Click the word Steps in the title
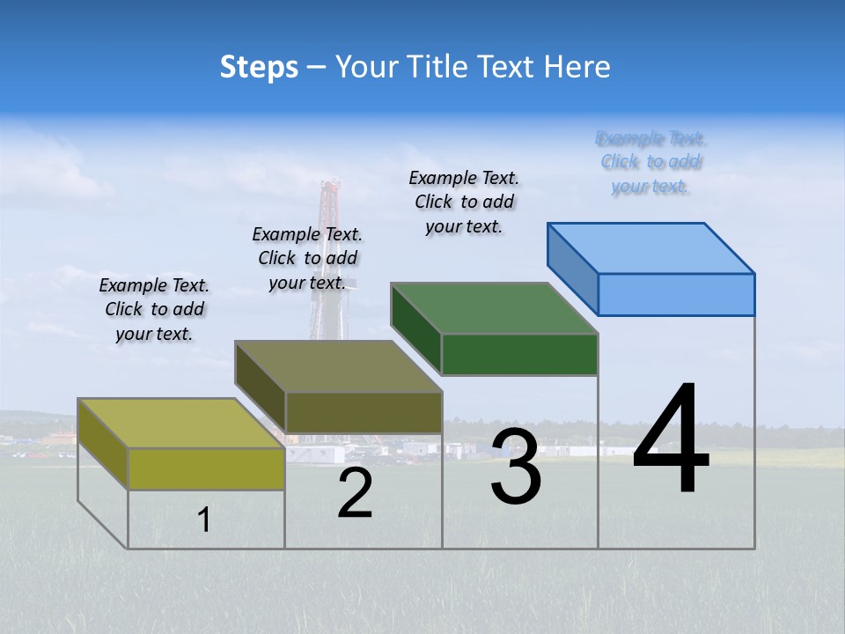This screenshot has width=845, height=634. click(259, 67)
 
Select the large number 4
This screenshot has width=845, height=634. click(671, 440)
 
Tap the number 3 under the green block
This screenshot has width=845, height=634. click(516, 467)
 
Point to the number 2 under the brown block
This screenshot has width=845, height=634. click(356, 494)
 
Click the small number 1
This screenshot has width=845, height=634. click(204, 520)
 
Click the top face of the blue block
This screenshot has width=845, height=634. click(651, 247)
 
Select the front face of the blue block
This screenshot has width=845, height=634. click(676, 294)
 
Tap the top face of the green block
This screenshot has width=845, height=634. click(494, 308)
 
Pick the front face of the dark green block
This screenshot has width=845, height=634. click(519, 354)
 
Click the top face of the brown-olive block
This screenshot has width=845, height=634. click(338, 366)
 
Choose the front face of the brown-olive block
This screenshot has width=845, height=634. click(364, 412)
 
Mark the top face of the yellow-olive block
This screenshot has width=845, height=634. click(181, 424)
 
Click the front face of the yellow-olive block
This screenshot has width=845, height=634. click(206, 468)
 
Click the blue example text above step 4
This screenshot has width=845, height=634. click(650, 162)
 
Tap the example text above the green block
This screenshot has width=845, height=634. click(464, 203)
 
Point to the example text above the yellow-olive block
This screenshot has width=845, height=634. click(154, 310)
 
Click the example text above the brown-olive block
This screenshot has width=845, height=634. click(307, 259)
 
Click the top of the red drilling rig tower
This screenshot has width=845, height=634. click(330, 187)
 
